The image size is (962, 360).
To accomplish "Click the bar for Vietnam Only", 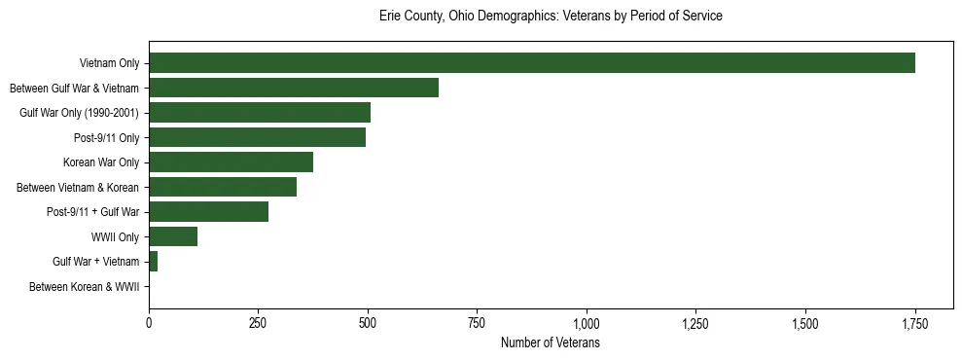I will pos(531,63).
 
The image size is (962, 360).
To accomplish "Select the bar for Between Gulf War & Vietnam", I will pos(294,88).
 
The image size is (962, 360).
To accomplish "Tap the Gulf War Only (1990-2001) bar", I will pos(260,113).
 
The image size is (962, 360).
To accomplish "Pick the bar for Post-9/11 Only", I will pos(257,137).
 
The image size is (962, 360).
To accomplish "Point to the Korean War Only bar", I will pos(231,162).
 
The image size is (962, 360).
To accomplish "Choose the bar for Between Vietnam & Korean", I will pos(223,187).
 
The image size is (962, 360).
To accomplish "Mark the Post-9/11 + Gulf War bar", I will pos(208,212).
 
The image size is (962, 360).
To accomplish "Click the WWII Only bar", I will pos(173,236).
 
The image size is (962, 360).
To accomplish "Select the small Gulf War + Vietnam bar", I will pos(153,262).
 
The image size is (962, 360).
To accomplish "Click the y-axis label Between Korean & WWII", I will pos(85,287).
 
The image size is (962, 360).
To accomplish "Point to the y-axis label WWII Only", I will pos(115,236).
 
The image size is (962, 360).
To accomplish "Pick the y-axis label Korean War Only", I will pos(101,162).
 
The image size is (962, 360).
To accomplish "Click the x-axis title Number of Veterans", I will pos(550,343).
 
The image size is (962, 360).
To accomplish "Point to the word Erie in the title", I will pos(390,17).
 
